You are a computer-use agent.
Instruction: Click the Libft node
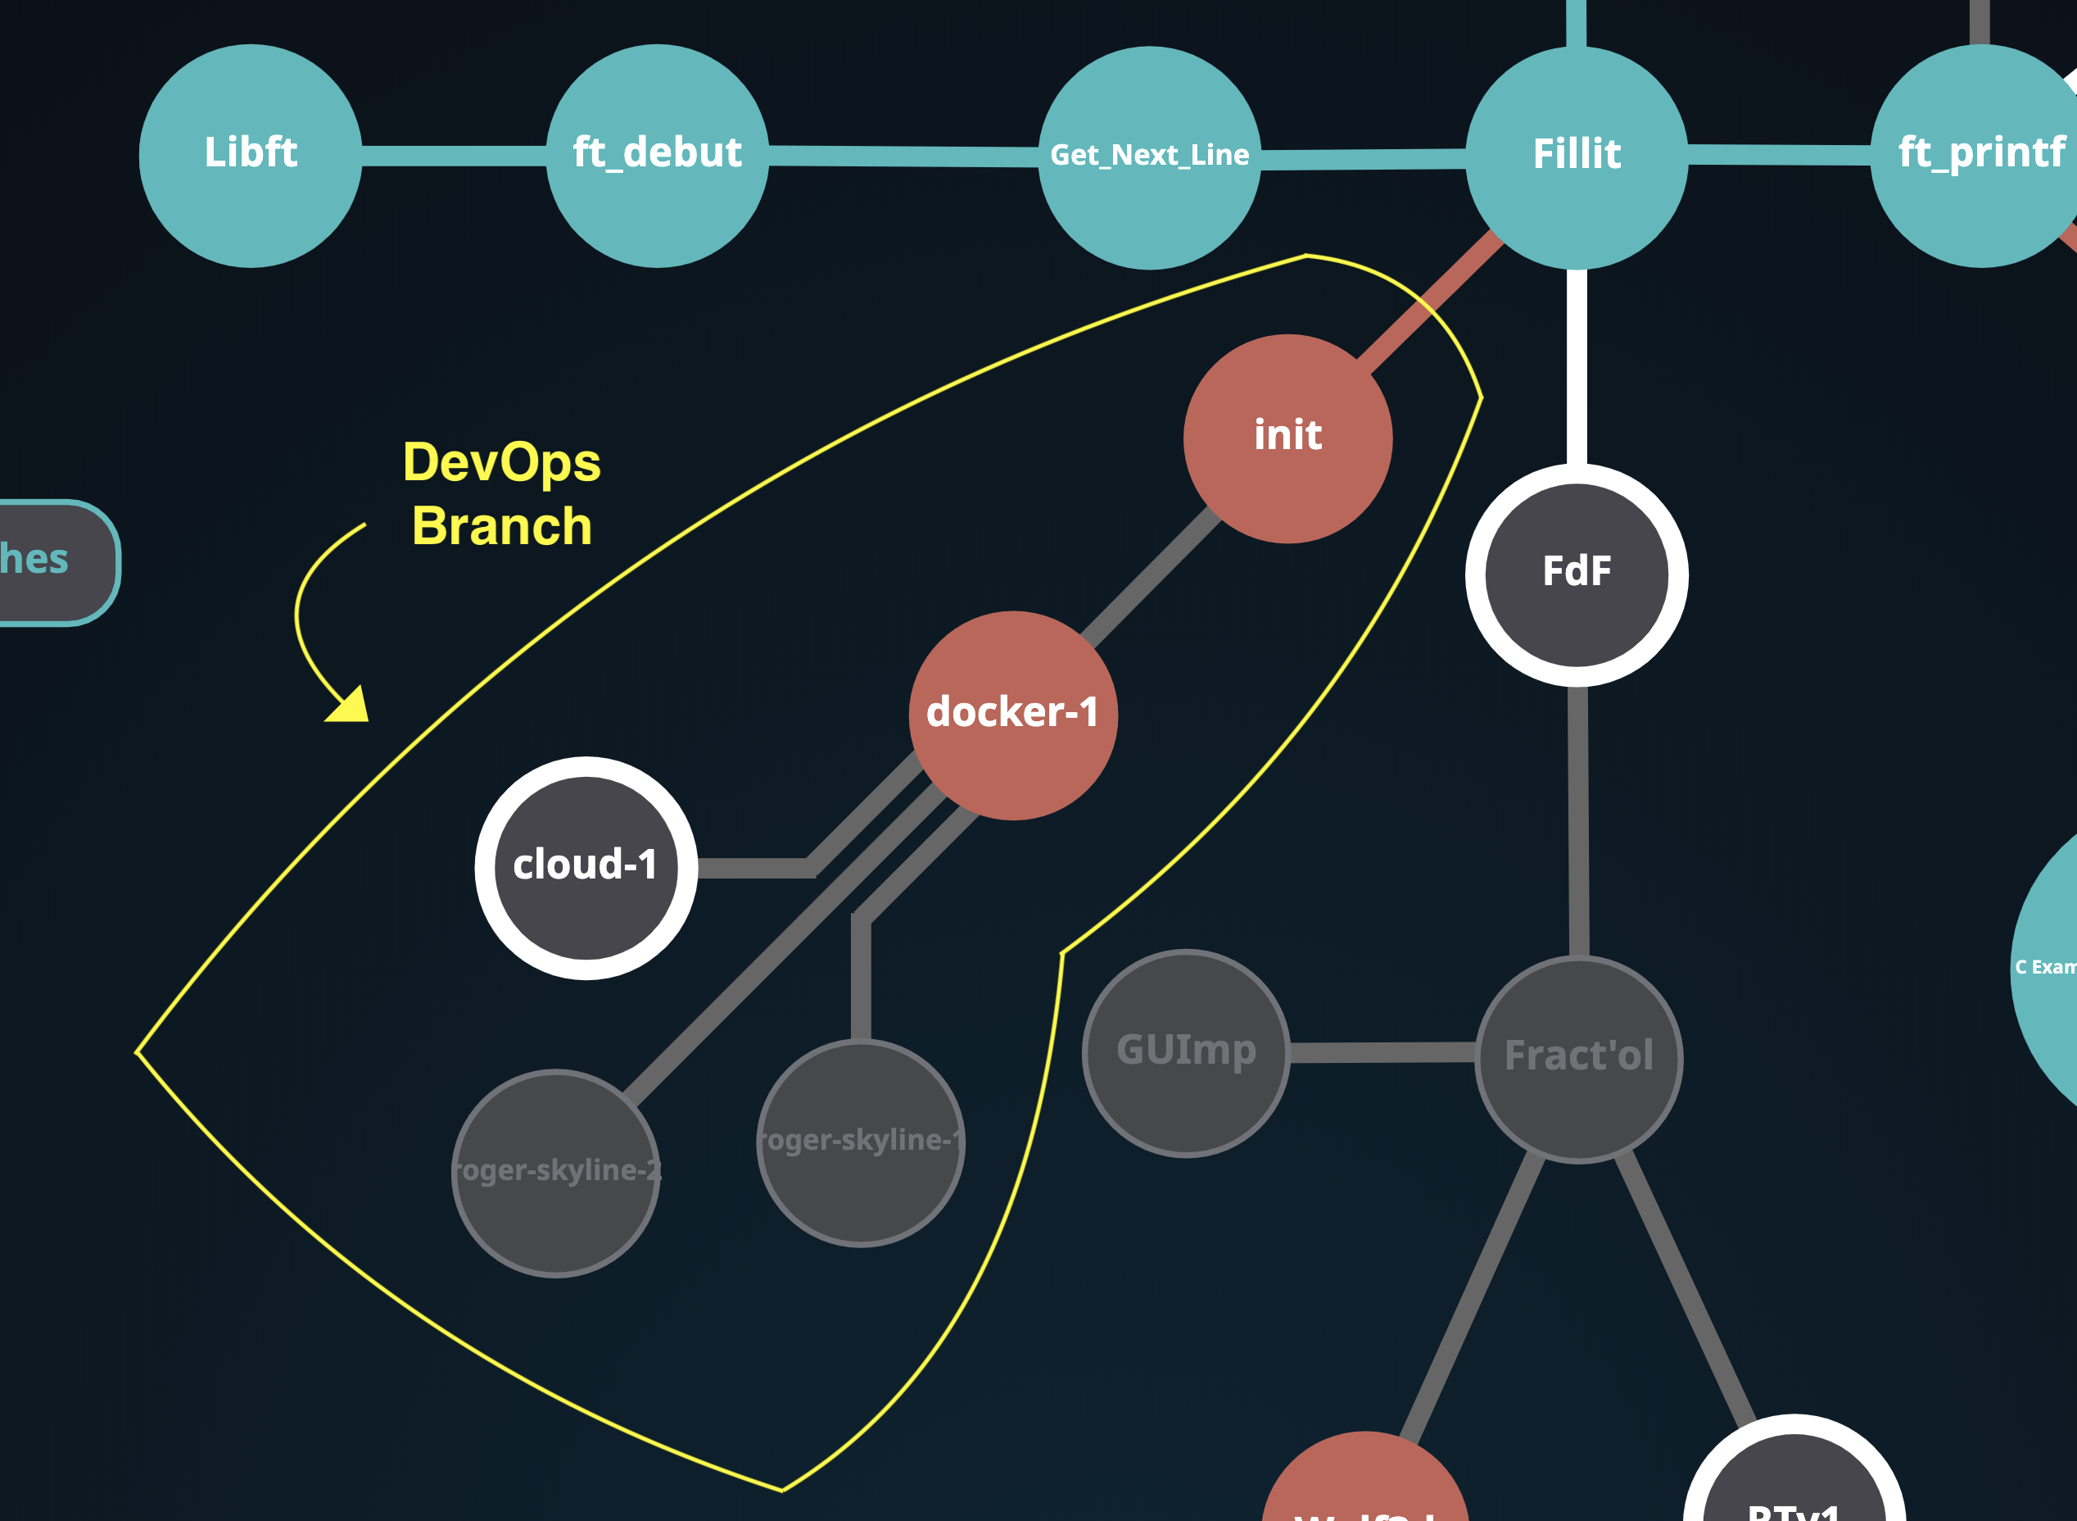pyautogui.click(x=251, y=156)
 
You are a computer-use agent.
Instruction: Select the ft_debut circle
pyautogui.click(x=657, y=156)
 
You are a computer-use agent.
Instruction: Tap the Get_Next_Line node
pyautogui.click(x=1149, y=157)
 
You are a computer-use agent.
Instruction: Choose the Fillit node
pyautogui.click(x=1577, y=157)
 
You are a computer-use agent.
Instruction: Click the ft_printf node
pyautogui.click(x=1979, y=156)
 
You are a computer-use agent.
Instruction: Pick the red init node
pyautogui.click(x=1287, y=438)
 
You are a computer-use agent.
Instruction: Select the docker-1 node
pyautogui.click(x=1013, y=715)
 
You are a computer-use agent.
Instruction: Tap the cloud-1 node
pyautogui.click(x=586, y=867)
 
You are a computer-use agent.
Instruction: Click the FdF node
pyautogui.click(x=1577, y=574)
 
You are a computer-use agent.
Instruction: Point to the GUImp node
pyautogui.click(x=1186, y=1052)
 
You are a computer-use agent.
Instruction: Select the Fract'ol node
pyautogui.click(x=1579, y=1059)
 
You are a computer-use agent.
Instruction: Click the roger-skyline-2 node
pyautogui.click(x=556, y=1173)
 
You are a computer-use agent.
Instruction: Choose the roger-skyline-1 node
pyautogui.click(x=861, y=1142)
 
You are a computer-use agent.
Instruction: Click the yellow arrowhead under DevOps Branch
pyautogui.click(x=351, y=706)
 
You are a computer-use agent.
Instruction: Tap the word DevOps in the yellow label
pyautogui.click(x=501, y=462)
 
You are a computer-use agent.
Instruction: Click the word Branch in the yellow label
pyautogui.click(x=501, y=527)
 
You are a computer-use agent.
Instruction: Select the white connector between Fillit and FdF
pyautogui.click(x=1577, y=368)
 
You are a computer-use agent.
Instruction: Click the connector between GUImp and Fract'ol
pyautogui.click(x=1382, y=1052)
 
